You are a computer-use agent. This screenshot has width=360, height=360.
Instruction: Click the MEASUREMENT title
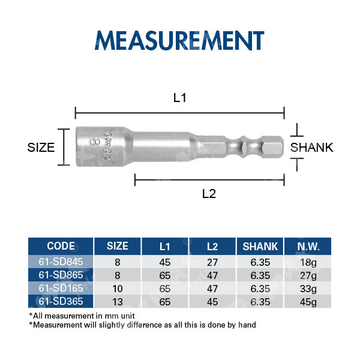(179, 40)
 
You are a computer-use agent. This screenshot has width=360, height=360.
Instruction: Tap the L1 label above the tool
(179, 98)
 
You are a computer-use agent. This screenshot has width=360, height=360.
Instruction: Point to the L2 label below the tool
(209, 194)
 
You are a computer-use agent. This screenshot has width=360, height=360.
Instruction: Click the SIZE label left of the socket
(41, 148)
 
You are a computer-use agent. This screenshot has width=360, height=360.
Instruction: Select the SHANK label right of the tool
(311, 148)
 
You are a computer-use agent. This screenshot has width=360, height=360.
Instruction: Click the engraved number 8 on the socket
(95, 142)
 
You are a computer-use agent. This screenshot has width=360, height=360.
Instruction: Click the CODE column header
(61, 246)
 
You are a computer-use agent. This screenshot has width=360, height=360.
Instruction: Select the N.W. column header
(308, 247)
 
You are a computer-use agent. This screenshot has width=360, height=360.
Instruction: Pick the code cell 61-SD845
(61, 262)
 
